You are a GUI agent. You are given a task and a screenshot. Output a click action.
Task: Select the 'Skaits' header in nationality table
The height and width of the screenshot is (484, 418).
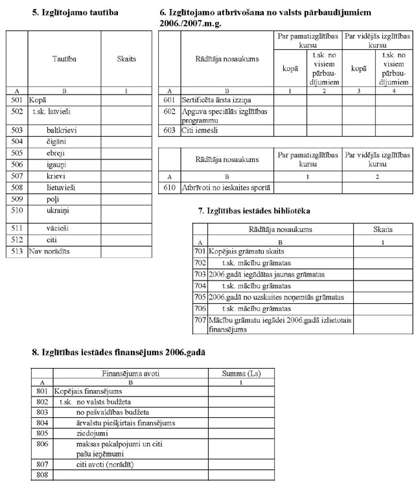tap(126, 59)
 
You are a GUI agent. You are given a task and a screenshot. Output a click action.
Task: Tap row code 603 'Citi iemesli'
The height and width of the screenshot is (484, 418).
tap(170, 130)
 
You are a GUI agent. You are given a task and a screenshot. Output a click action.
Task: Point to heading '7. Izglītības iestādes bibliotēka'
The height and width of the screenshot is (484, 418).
tap(254, 212)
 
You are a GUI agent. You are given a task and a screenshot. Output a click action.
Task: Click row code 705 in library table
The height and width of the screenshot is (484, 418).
tap(199, 297)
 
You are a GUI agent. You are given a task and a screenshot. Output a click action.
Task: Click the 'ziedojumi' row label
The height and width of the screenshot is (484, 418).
tap(93, 433)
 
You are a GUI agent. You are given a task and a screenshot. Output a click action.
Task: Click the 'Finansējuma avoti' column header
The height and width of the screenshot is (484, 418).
tap(130, 374)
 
